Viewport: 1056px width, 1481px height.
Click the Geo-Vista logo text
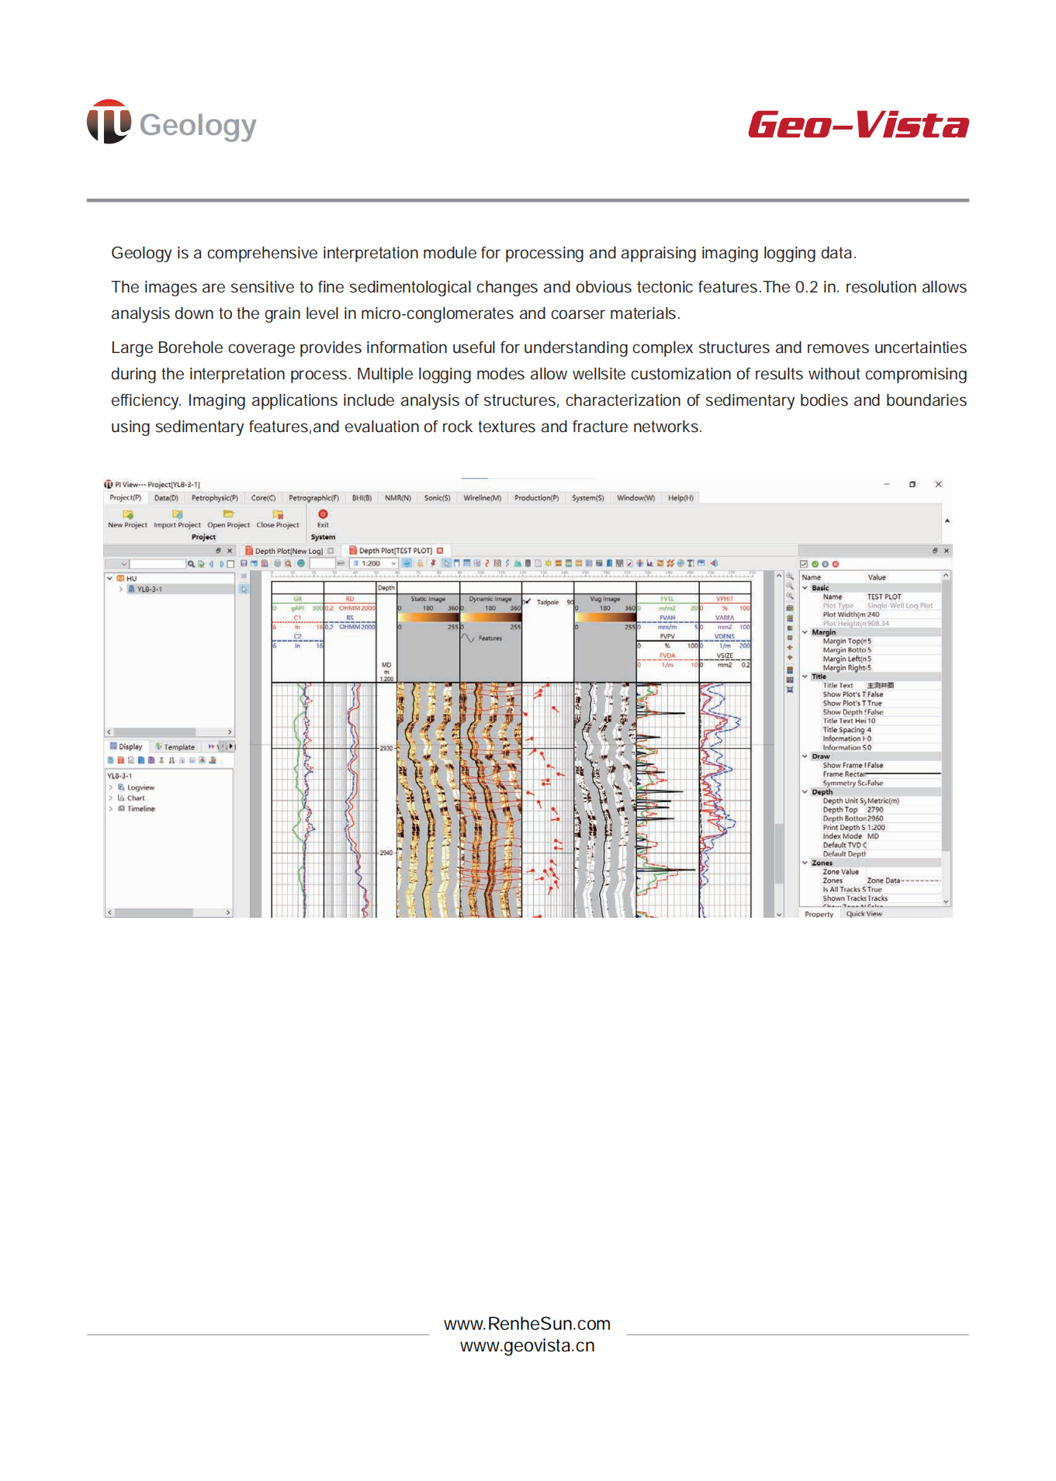tap(857, 125)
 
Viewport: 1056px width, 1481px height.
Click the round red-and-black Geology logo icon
tap(109, 122)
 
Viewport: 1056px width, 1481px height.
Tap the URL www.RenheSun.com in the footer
tap(527, 1324)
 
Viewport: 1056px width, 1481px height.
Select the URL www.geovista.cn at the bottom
tap(527, 1346)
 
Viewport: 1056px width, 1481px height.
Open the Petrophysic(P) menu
tap(214, 498)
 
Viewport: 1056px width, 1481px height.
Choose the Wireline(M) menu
tap(482, 498)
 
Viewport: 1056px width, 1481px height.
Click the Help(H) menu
tap(680, 498)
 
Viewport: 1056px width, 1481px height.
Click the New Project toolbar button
tap(127, 519)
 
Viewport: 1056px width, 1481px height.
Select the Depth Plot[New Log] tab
tap(288, 551)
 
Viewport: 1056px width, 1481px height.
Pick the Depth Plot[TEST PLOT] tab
tap(395, 551)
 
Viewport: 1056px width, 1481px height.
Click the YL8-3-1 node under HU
tap(149, 590)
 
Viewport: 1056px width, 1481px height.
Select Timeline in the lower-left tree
tap(140, 808)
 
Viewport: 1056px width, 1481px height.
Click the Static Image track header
tap(428, 599)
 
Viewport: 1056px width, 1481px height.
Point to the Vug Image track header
tap(604, 599)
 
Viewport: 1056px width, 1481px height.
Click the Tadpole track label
tap(547, 602)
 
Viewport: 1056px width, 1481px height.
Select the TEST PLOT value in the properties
tap(884, 597)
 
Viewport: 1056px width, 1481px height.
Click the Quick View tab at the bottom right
tap(864, 914)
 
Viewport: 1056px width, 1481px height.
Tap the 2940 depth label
tap(386, 853)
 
